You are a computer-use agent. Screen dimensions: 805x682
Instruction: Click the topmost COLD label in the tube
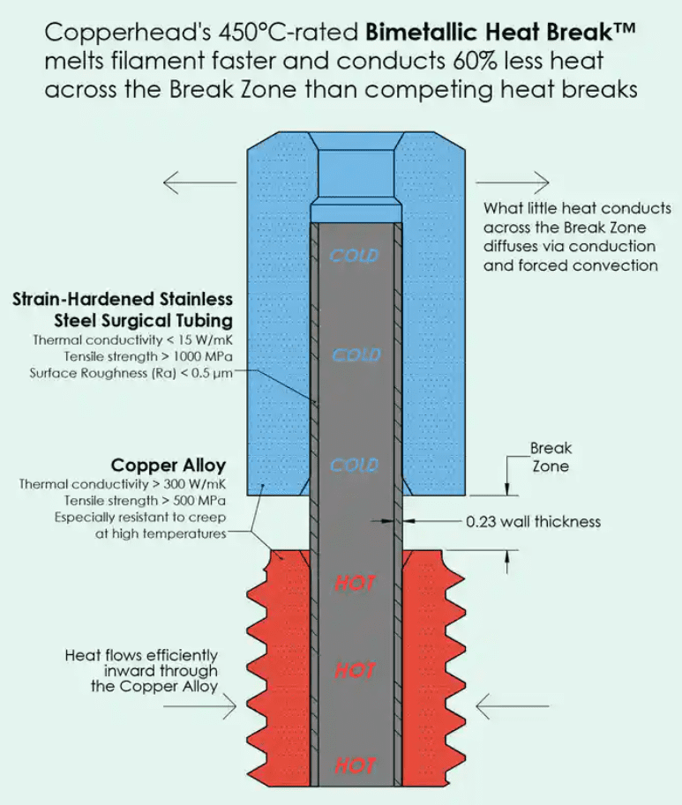354,256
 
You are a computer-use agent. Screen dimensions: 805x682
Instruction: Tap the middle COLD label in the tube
355,355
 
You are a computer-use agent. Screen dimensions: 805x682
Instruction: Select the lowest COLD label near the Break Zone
354,465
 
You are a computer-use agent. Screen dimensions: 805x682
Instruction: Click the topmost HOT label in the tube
356,582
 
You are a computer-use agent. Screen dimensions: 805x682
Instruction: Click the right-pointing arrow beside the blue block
513,183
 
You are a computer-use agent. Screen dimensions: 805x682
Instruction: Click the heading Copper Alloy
168,466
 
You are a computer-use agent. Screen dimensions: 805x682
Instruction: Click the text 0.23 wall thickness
533,521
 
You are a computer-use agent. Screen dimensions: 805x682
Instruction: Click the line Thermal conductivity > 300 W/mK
126,484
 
